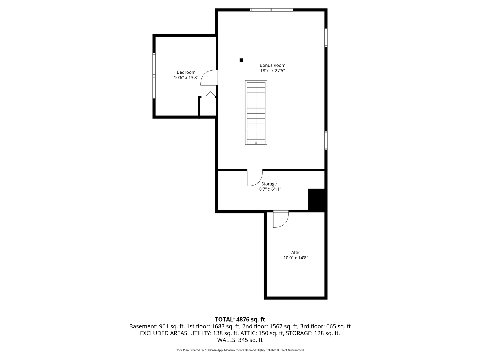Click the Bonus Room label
click(272, 65)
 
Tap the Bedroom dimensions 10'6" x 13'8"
click(186, 78)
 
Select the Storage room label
click(269, 184)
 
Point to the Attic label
click(296, 252)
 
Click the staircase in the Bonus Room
click(256, 113)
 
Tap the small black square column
click(241, 60)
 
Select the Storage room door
click(255, 177)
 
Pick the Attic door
click(281, 219)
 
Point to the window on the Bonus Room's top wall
click(272, 10)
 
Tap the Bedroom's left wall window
click(154, 76)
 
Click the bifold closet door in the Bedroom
click(211, 94)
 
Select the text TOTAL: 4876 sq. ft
click(240, 319)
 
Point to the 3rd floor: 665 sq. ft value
click(325, 326)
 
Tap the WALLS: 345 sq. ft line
click(240, 340)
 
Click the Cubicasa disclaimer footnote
click(240, 350)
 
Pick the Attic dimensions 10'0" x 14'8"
click(296, 258)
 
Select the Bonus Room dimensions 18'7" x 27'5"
click(272, 71)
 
